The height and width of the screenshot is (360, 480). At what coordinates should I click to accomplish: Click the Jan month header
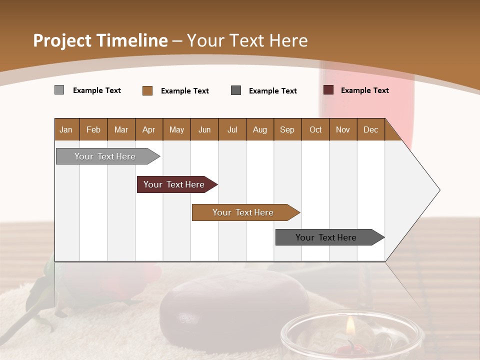point(66,129)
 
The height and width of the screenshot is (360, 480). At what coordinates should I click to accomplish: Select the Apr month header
point(149,129)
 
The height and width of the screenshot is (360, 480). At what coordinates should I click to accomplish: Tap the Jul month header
point(232,129)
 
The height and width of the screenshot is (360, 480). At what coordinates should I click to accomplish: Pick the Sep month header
point(287,129)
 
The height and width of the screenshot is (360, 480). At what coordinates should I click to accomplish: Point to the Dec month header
point(370,129)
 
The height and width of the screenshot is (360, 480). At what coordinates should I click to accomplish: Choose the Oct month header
point(315,129)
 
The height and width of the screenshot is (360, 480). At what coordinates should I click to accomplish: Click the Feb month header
point(93,129)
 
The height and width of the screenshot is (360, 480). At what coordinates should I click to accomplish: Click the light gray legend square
point(59,90)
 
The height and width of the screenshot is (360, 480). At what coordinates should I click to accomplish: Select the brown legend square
point(147,90)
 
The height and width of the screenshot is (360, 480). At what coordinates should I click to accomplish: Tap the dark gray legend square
point(236,90)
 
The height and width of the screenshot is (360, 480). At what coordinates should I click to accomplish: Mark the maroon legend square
point(328,90)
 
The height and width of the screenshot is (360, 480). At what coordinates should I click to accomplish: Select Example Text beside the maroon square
point(364,90)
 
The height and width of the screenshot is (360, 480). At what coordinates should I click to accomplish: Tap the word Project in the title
point(62,40)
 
